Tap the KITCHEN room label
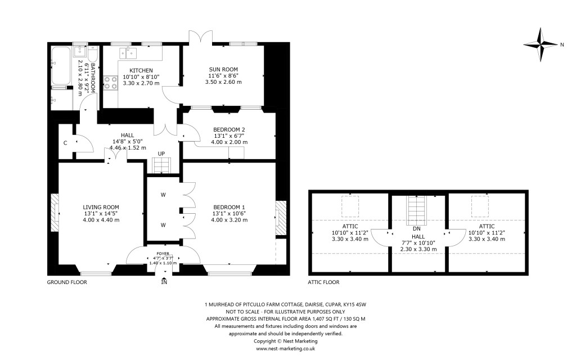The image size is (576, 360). tap(141, 70)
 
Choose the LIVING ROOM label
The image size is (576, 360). tap(101, 206)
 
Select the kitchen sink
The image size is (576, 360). tap(129, 53)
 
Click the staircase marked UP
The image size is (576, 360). tap(161, 166)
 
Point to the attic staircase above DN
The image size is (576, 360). tap(416, 209)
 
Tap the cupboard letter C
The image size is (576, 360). tap(66, 143)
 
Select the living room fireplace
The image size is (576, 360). tap(55, 213)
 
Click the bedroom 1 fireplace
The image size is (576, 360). tap(280, 214)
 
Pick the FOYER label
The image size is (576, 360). tap(163, 254)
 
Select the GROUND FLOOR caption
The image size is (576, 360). tap(66, 282)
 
